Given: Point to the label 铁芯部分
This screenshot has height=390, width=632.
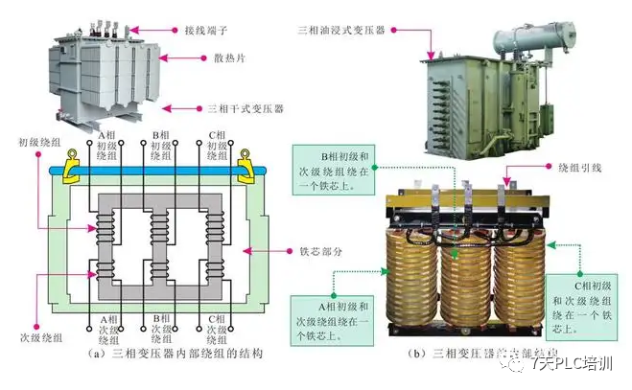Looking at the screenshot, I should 311,251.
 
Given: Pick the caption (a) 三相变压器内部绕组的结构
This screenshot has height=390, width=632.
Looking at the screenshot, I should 163,354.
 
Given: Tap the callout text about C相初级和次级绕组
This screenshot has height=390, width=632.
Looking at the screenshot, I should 587,305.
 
